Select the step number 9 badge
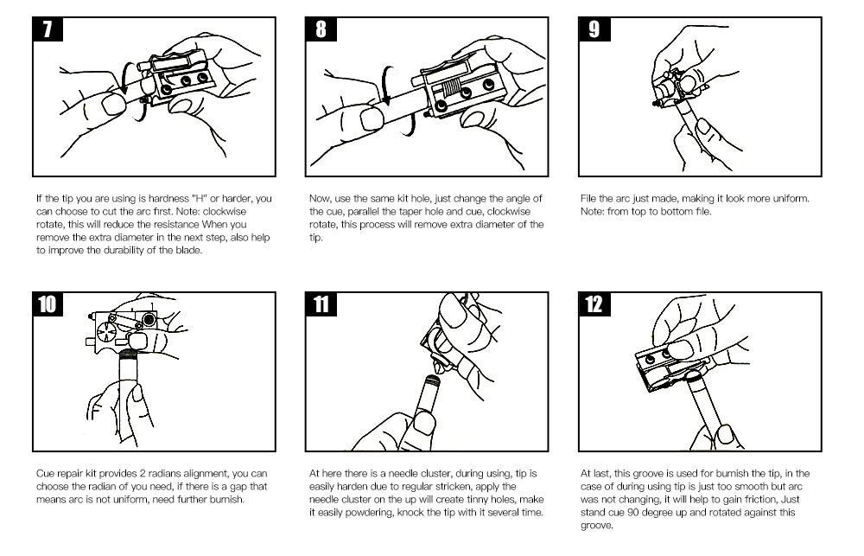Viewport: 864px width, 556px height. [594, 29]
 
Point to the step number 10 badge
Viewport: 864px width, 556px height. [48, 305]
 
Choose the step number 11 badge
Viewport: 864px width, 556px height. [321, 305]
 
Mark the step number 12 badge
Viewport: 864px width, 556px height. [594, 305]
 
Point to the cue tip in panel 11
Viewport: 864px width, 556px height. [435, 378]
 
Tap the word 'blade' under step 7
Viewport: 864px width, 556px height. [191, 252]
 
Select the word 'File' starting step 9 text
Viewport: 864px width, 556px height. [588, 199]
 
